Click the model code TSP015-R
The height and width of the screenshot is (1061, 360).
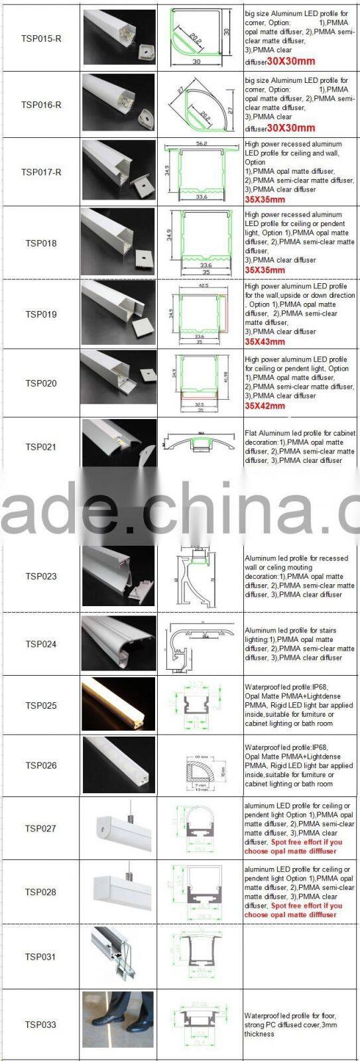[x=41, y=38]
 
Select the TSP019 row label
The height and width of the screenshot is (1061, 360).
[x=41, y=314]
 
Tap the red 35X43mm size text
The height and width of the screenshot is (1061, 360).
[x=265, y=342]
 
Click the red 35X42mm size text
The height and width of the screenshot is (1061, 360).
[x=265, y=406]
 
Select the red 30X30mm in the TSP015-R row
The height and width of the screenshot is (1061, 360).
[x=291, y=61]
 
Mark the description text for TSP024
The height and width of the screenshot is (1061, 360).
[x=300, y=644]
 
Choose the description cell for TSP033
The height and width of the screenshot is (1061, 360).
[x=300, y=1025]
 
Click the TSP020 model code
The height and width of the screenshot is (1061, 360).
[x=41, y=383]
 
